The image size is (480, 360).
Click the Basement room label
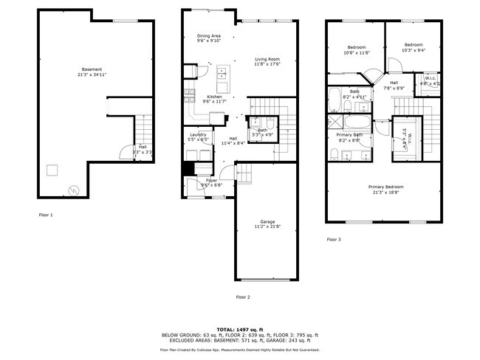(92, 69)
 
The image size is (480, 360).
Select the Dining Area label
(208, 35)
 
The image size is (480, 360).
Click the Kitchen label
(214, 97)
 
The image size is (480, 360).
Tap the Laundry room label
(198, 134)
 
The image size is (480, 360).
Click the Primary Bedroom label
(385, 187)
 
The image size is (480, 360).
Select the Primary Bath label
(349, 135)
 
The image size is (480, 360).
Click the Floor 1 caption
(46, 215)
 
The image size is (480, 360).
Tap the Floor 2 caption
(243, 297)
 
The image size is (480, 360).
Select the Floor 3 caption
(334, 239)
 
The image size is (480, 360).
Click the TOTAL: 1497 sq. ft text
(239, 328)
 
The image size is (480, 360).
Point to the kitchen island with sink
(222, 74)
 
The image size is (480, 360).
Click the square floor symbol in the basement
(52, 170)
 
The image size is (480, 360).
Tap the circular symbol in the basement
(72, 189)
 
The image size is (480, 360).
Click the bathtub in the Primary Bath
(361, 121)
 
